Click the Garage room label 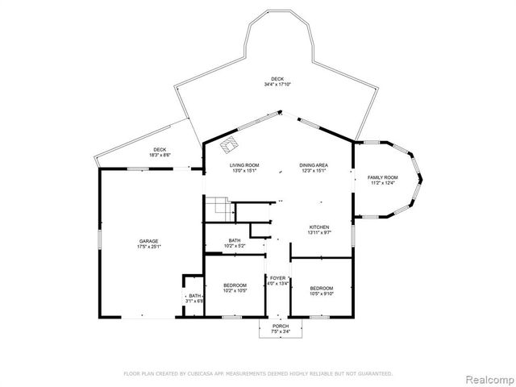pos(148,241)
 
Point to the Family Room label pos(383,177)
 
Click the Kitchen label pos(320,227)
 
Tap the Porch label pos(280,326)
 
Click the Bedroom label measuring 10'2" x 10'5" pos(235,288)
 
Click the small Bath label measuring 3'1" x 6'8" pos(195,296)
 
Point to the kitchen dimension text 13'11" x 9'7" pos(320,232)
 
